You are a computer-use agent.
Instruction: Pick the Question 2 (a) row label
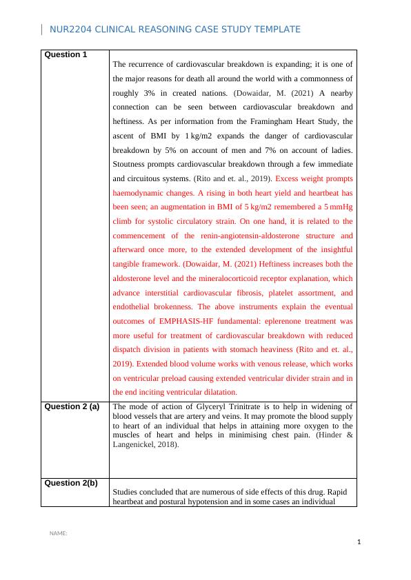(72, 406)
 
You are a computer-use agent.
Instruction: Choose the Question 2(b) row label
(70, 483)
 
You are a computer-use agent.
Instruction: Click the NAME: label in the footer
(58, 534)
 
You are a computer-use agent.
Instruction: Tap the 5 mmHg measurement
(338, 207)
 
